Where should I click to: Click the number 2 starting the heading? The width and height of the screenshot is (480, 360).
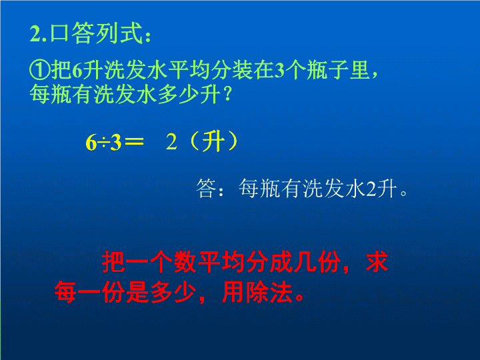point(35,33)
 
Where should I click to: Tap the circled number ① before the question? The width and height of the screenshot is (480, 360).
point(40,70)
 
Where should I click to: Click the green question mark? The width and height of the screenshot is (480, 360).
point(227,94)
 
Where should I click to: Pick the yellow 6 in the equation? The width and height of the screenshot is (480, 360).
point(91,143)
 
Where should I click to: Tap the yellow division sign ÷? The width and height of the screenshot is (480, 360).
point(103,143)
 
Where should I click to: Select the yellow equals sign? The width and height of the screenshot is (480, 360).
point(135,141)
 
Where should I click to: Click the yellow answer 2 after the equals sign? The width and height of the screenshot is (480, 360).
point(171,142)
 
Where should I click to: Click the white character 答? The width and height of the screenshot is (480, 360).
point(206,188)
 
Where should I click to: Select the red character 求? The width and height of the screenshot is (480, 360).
point(377,261)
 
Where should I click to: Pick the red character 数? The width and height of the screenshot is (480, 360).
point(185,262)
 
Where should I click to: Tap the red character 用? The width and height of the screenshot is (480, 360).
point(233,292)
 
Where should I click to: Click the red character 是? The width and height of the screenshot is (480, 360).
point(137,292)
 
